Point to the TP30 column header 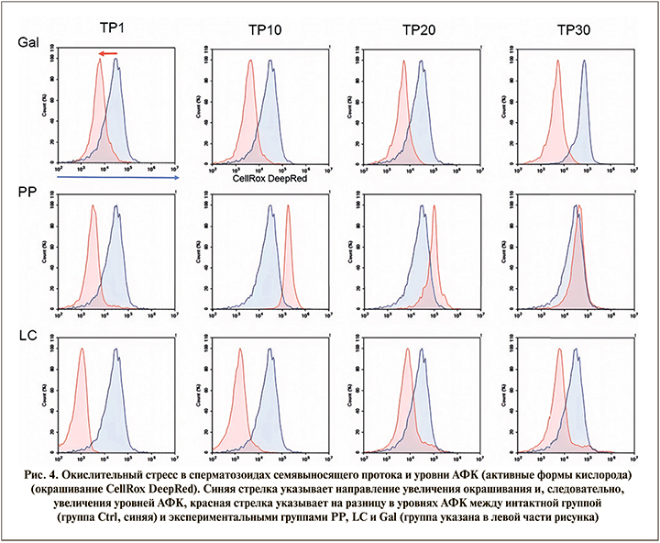(576, 30)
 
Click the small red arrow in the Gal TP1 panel (108, 55)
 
